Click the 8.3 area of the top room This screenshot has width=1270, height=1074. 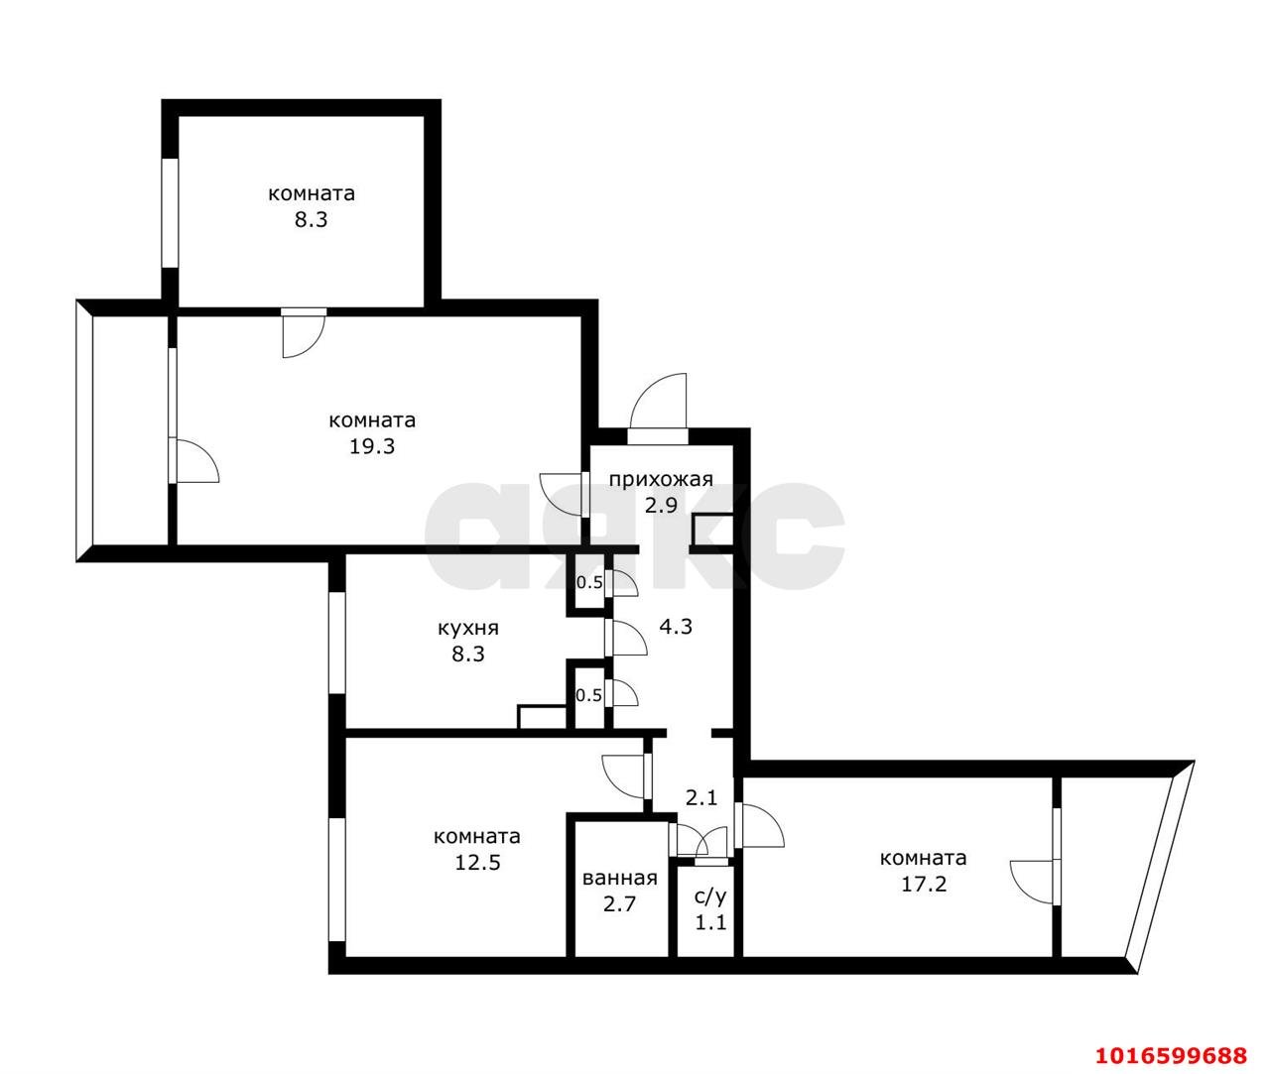click(x=311, y=220)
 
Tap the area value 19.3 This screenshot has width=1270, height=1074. click(x=372, y=446)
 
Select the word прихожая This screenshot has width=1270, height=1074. click(x=661, y=480)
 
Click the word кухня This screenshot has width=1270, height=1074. click(x=468, y=628)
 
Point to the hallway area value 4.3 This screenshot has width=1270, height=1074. click(x=676, y=627)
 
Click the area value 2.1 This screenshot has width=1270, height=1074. click(x=702, y=796)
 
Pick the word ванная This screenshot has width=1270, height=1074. click(x=620, y=878)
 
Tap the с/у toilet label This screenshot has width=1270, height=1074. click(x=709, y=896)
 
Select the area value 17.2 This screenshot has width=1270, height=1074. click(x=923, y=884)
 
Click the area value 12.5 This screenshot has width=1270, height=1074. click(x=476, y=862)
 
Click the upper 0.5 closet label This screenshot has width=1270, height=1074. click(x=589, y=582)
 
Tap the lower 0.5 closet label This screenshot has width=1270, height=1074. click(x=589, y=695)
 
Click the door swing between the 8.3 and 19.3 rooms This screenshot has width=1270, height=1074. click(x=303, y=333)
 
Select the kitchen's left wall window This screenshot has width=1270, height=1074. click(x=336, y=643)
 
